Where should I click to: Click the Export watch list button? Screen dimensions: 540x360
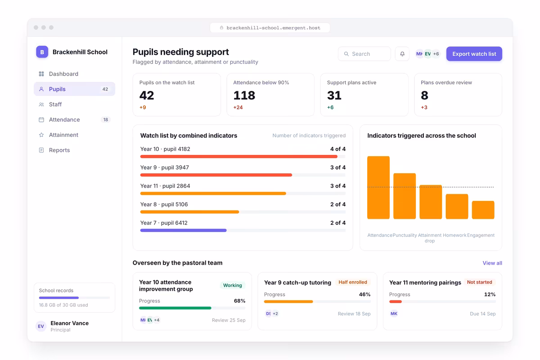(474, 54)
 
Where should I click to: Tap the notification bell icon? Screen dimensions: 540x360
(402, 54)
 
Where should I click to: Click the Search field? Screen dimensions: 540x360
(364, 54)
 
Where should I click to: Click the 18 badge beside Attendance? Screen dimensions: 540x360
(106, 120)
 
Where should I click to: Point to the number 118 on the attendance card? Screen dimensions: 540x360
(244, 95)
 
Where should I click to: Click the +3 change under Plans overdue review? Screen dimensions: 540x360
(424, 107)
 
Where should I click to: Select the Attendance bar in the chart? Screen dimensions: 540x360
(378, 188)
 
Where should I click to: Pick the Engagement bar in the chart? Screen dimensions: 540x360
(483, 210)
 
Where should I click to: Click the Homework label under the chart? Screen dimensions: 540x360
(454, 235)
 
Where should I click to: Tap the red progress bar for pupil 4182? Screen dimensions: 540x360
(238, 157)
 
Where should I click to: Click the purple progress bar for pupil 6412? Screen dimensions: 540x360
(184, 230)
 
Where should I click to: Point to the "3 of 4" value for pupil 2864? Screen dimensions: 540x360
(338, 186)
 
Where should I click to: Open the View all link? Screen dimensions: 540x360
(492, 263)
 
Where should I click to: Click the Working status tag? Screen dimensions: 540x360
(232, 285)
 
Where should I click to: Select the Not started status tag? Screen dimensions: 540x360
(480, 282)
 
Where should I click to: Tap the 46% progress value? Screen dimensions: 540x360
(365, 294)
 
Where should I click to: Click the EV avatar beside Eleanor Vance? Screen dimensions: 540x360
(41, 326)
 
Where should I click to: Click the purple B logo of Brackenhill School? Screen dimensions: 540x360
(42, 52)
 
